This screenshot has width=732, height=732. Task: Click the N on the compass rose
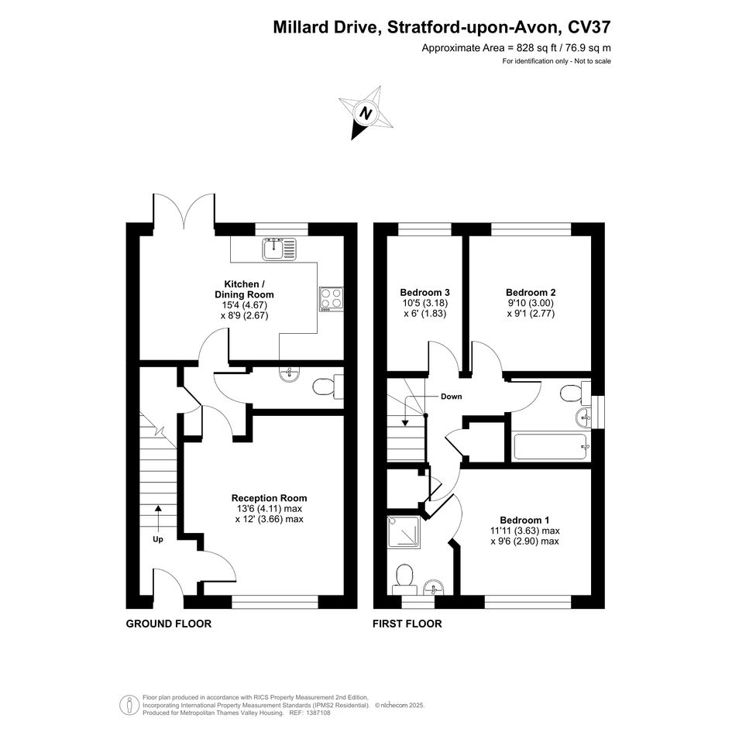(x=366, y=113)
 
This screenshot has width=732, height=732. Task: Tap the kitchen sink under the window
(x=279, y=249)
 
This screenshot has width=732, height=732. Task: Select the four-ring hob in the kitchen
(x=331, y=299)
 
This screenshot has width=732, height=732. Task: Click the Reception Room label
(x=270, y=498)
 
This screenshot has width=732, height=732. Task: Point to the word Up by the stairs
(x=158, y=539)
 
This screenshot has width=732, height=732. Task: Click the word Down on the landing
(x=452, y=397)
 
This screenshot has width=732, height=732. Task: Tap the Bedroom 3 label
(x=424, y=293)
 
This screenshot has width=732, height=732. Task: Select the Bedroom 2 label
(x=531, y=293)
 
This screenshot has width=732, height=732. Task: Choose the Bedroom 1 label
(x=524, y=520)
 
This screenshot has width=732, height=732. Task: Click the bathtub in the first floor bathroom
(x=551, y=447)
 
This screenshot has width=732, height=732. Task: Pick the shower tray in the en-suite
(x=404, y=531)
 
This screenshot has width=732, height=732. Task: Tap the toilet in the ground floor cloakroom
(x=328, y=387)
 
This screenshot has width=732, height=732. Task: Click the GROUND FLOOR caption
(x=169, y=624)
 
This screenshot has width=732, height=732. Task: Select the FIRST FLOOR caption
(x=407, y=624)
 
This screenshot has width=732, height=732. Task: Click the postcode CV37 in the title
(x=589, y=27)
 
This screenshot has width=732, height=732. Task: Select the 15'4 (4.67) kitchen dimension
(x=244, y=305)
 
